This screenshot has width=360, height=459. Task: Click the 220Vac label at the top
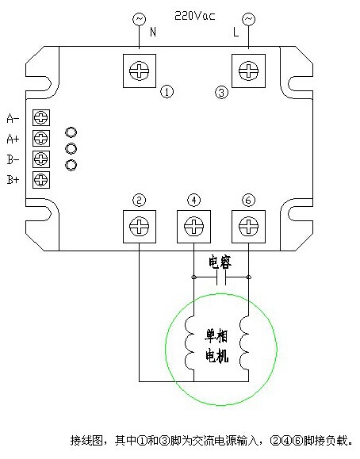195,15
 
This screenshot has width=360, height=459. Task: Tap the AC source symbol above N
139,19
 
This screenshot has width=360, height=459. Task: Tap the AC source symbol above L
248,19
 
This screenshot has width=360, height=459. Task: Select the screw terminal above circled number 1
139,71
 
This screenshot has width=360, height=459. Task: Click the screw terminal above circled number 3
248,71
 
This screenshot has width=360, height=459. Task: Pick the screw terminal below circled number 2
139,226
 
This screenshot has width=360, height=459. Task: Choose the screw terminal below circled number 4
193,226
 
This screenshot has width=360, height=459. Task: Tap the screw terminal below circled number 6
248,226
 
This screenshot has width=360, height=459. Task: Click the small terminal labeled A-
41,117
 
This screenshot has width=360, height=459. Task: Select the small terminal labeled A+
41,138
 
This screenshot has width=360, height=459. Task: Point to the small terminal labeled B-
41,159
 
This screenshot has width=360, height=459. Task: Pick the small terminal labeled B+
41,180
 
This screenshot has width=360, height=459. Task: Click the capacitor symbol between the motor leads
221,277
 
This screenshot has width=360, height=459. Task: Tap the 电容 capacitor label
220,262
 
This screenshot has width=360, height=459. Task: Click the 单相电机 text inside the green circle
216,347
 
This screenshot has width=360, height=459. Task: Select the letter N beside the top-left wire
153,32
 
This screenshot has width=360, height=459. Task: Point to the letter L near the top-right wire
236,32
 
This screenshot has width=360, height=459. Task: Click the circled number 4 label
193,201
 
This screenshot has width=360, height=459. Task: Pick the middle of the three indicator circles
71,149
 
